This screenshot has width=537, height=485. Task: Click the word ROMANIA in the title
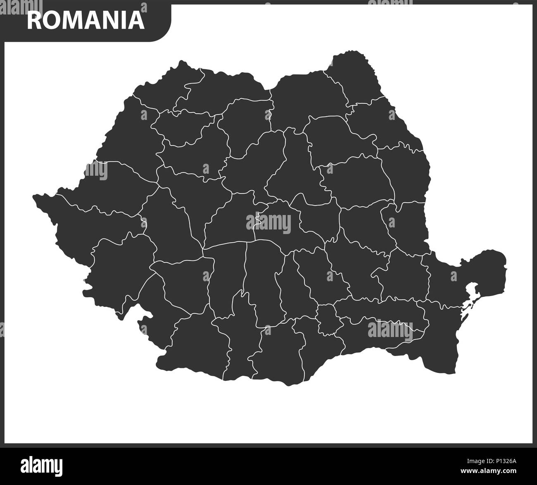pyautogui.click(x=86, y=20)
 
